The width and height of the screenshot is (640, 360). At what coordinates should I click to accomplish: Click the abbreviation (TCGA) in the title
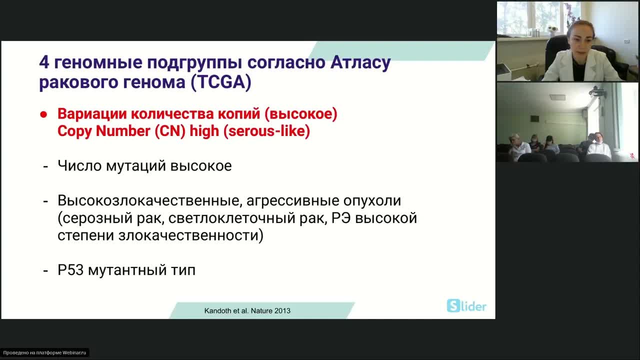point(220,82)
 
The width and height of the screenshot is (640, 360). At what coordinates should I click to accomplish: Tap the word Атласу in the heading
point(360,63)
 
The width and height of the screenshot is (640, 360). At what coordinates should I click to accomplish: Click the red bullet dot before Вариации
point(43,114)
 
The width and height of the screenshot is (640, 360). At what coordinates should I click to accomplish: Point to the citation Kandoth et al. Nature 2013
point(247,310)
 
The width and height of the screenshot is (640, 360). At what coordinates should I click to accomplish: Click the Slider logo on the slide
point(466,306)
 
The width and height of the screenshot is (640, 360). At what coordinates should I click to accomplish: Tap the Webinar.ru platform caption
point(44,352)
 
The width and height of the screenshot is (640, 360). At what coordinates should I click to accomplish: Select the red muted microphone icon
point(632,155)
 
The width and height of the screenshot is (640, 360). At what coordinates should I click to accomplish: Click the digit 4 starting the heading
point(44,63)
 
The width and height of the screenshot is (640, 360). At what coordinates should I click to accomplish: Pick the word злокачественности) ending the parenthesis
point(190,235)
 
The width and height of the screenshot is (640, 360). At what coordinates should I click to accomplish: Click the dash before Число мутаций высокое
point(45,166)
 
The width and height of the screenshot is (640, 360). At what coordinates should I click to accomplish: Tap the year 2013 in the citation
point(282,310)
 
